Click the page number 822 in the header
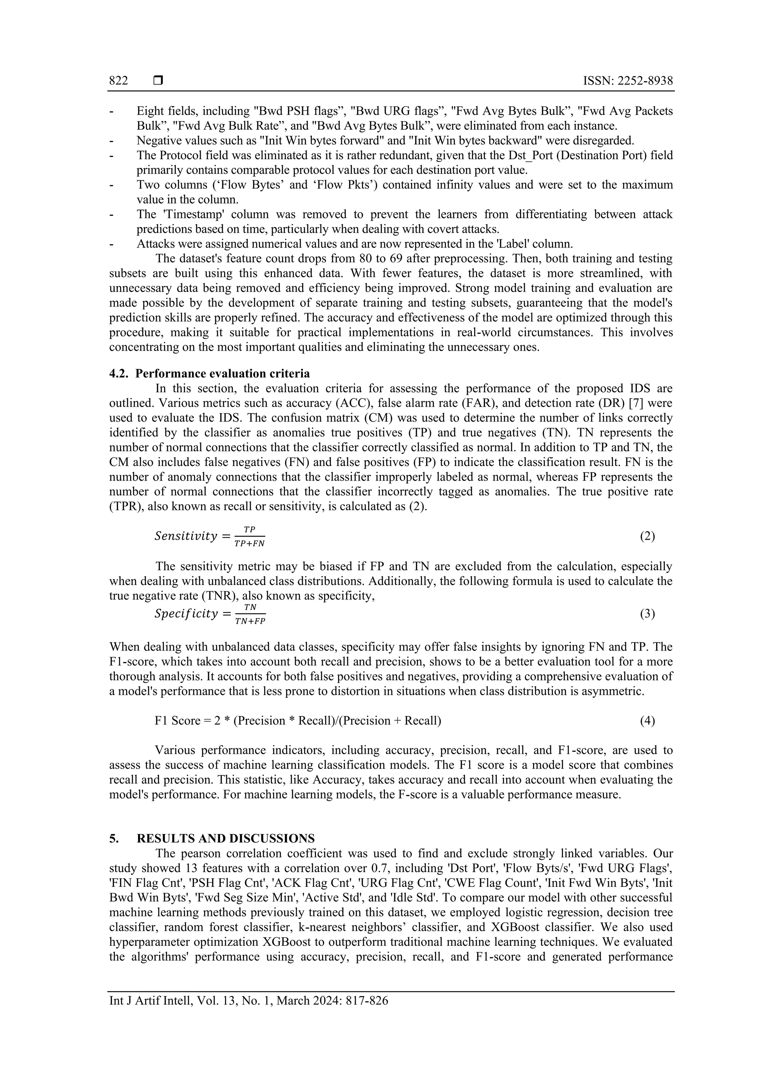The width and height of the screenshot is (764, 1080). tap(118, 81)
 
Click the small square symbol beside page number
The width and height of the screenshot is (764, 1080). tap(158, 81)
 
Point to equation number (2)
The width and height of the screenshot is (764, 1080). tap(647, 536)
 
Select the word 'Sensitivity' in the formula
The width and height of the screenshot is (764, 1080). tap(185, 536)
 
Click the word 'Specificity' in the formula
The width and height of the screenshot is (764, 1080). tap(186, 614)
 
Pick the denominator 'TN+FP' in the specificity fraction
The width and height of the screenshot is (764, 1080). tap(250, 621)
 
